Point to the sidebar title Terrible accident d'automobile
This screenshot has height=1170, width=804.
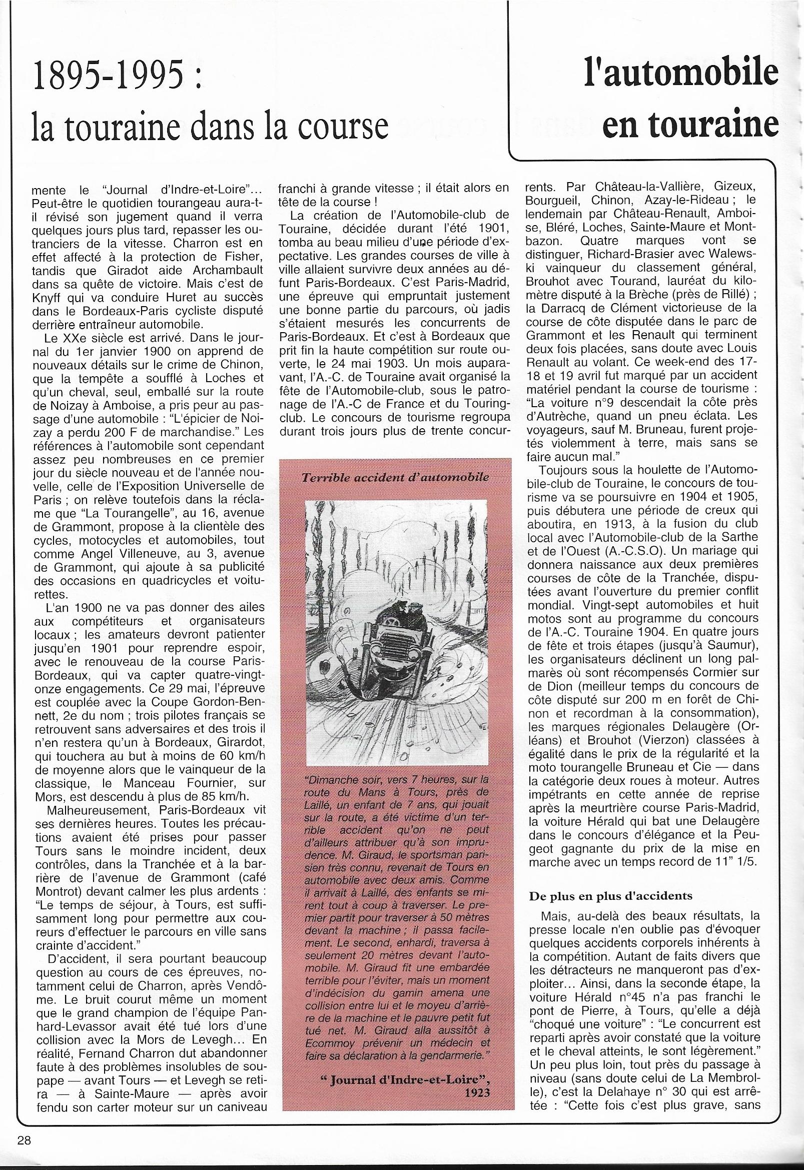point(395,477)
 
